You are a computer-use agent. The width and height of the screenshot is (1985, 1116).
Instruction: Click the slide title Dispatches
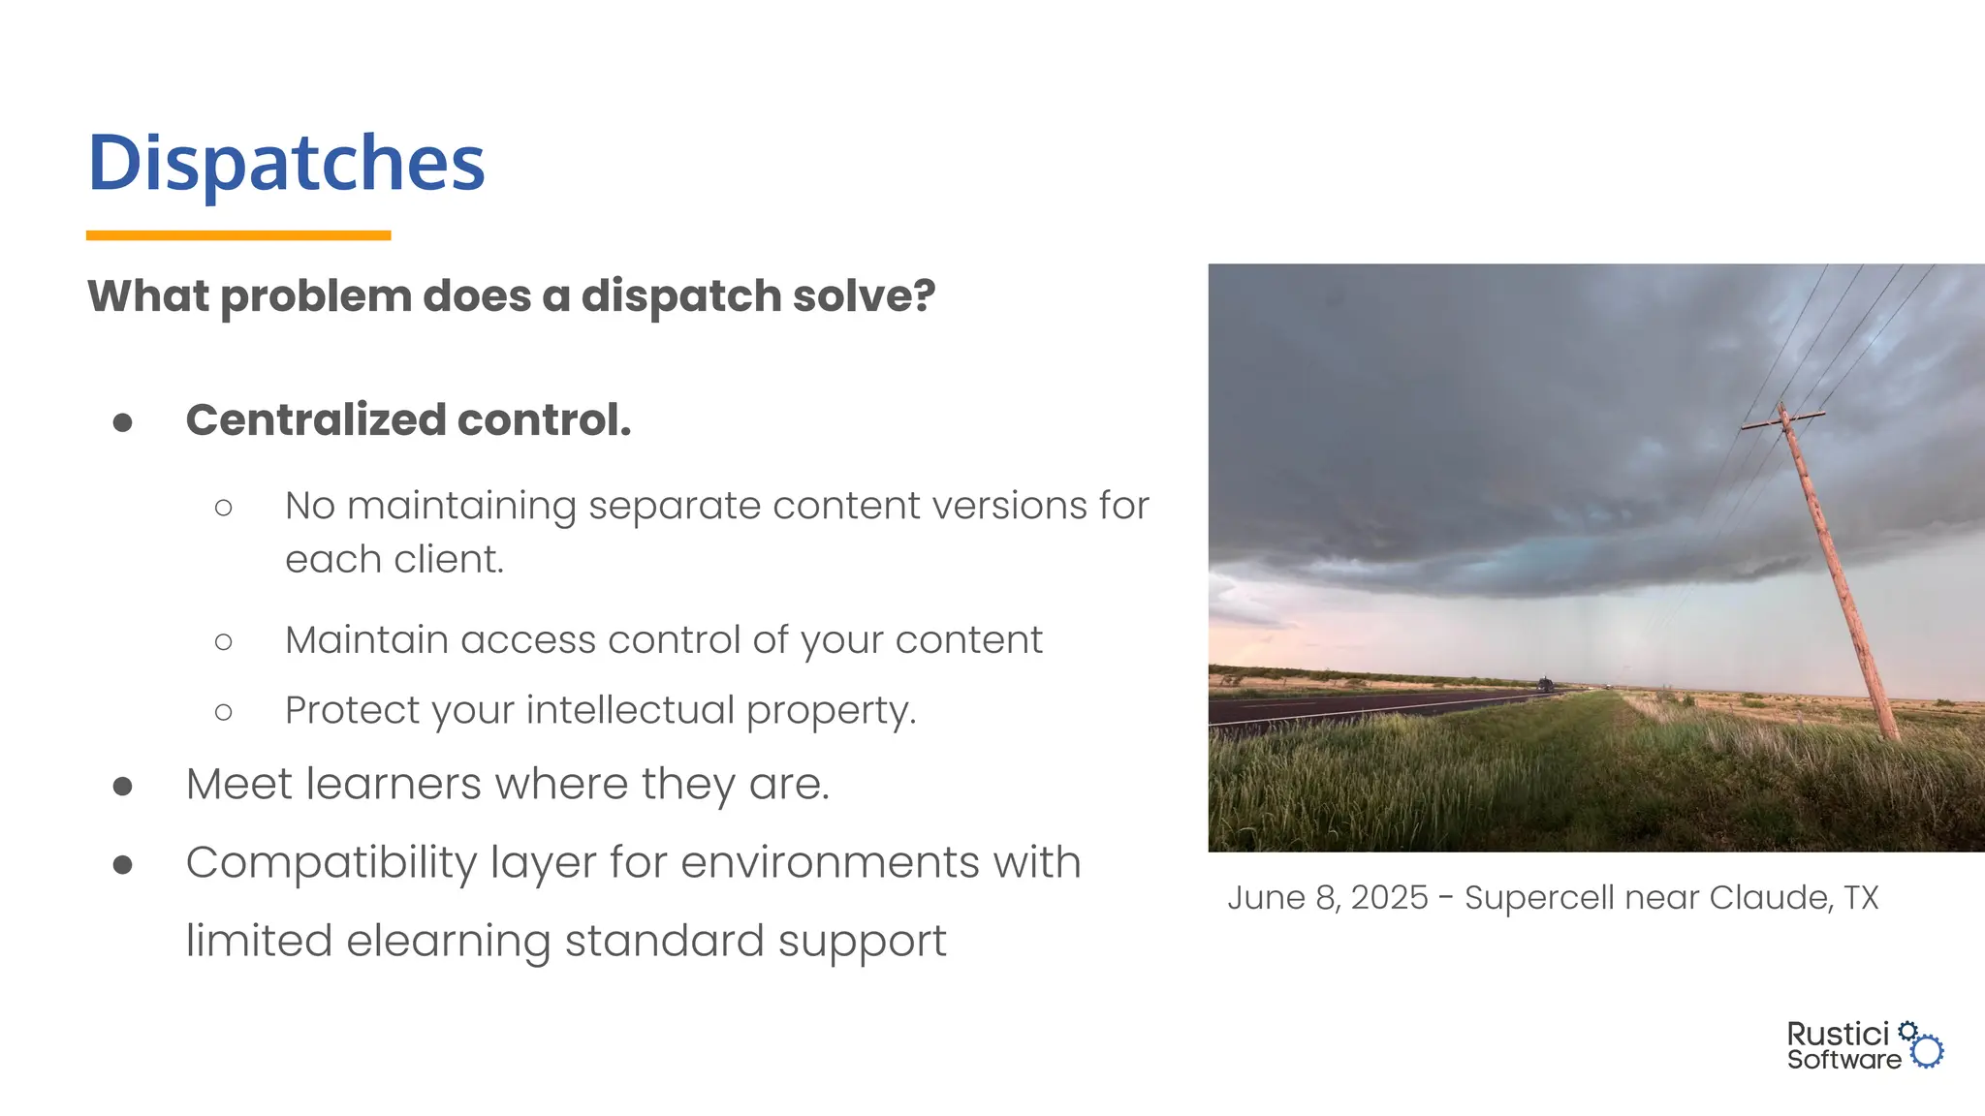pos(286,163)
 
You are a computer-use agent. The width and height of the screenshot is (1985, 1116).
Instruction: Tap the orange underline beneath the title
pos(238,235)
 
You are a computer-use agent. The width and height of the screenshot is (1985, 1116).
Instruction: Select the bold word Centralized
pos(316,420)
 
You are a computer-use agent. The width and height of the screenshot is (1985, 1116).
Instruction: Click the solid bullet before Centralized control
pos(123,422)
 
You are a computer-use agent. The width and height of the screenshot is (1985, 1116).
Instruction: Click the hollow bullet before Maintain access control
pos(224,641)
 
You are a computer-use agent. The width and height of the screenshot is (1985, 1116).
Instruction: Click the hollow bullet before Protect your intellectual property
pos(224,713)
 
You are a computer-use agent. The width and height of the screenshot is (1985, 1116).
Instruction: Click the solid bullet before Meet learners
pos(123,786)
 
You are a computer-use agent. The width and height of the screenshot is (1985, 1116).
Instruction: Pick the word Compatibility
pos(331,863)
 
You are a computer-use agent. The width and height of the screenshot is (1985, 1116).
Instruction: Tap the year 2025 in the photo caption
pos(1389,898)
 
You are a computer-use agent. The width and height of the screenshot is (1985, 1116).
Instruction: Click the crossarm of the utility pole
pos(1783,420)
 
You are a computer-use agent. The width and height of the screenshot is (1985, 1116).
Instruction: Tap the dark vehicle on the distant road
pos(1545,685)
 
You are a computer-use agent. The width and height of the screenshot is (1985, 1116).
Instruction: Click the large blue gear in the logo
pos(1928,1051)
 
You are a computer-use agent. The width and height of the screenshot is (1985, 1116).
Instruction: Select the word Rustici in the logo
pos(1838,1035)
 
